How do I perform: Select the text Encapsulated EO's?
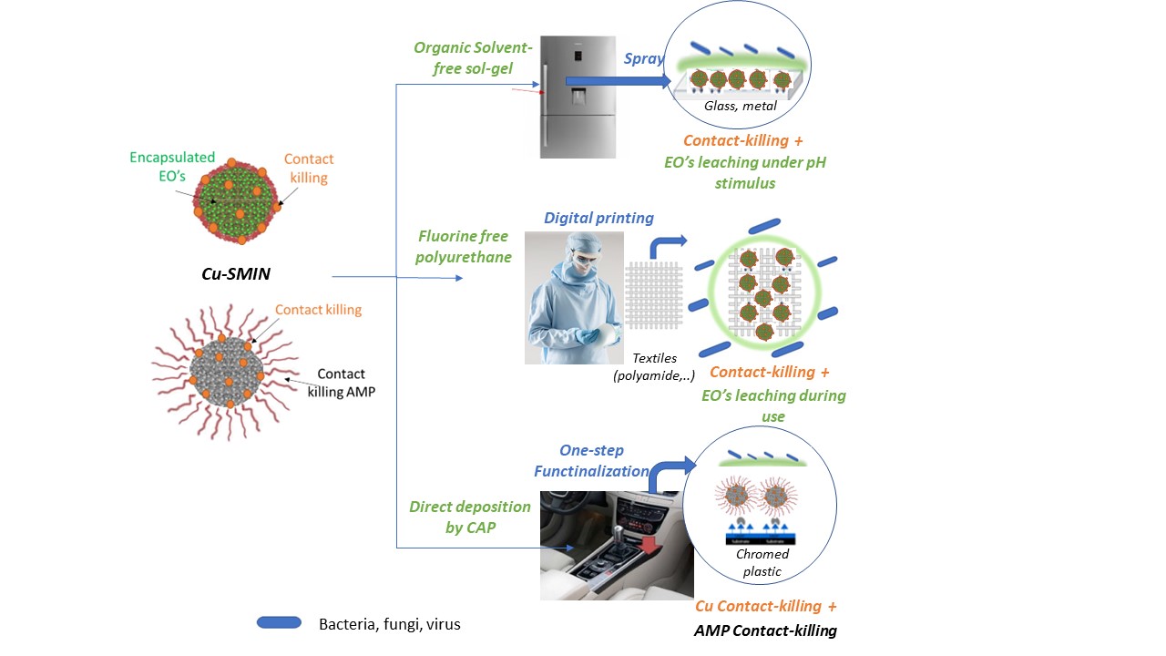171,168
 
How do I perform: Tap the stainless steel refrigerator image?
577,97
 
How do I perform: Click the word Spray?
643,59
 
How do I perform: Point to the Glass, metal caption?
741,106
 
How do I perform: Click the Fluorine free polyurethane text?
464,247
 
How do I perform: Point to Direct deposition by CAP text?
470,517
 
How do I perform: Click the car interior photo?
617,545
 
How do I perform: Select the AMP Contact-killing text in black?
765,630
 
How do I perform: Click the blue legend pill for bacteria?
279,623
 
